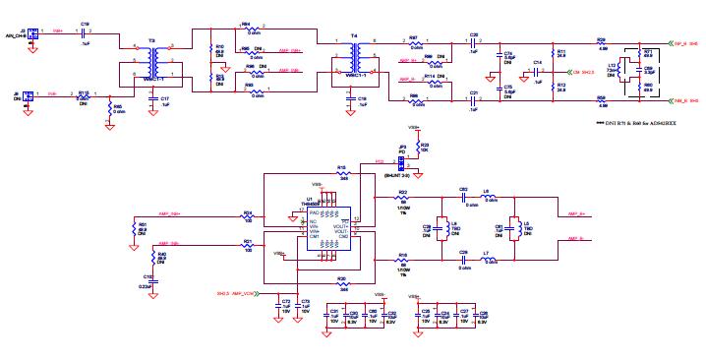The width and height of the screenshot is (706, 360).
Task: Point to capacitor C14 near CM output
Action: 537,72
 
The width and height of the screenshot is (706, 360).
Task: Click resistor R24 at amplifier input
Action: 248,218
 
